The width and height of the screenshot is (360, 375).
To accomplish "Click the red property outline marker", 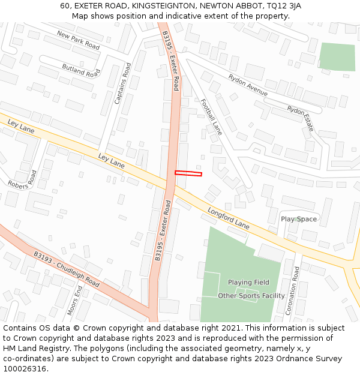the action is pyautogui.click(x=188, y=173).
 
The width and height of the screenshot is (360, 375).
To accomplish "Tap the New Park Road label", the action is pyautogui.click(x=78, y=40).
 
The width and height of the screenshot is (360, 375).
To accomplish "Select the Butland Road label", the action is pyautogui.click(x=81, y=70).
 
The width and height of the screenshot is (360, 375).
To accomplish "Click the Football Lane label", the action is pyautogui.click(x=211, y=116).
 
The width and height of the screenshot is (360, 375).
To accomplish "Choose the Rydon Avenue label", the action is pyautogui.click(x=248, y=85).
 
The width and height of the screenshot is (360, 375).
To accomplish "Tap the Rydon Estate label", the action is pyautogui.click(x=301, y=118).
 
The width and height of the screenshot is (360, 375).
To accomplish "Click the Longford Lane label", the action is pyautogui.click(x=228, y=218).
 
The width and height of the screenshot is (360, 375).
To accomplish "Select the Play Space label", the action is pyautogui.click(x=299, y=219).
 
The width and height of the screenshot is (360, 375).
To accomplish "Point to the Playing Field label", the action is pyautogui.click(x=248, y=282).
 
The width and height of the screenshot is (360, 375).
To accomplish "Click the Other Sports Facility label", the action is pyautogui.click(x=251, y=296).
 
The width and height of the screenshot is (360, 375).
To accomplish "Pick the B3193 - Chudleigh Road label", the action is pyautogui.click(x=66, y=268).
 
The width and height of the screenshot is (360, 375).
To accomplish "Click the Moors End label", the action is pyautogui.click(x=75, y=300).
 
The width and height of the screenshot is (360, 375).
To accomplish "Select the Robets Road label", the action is pyautogui.click(x=22, y=179).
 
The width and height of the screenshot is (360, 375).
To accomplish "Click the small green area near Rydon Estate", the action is pyautogui.click(x=337, y=57).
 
